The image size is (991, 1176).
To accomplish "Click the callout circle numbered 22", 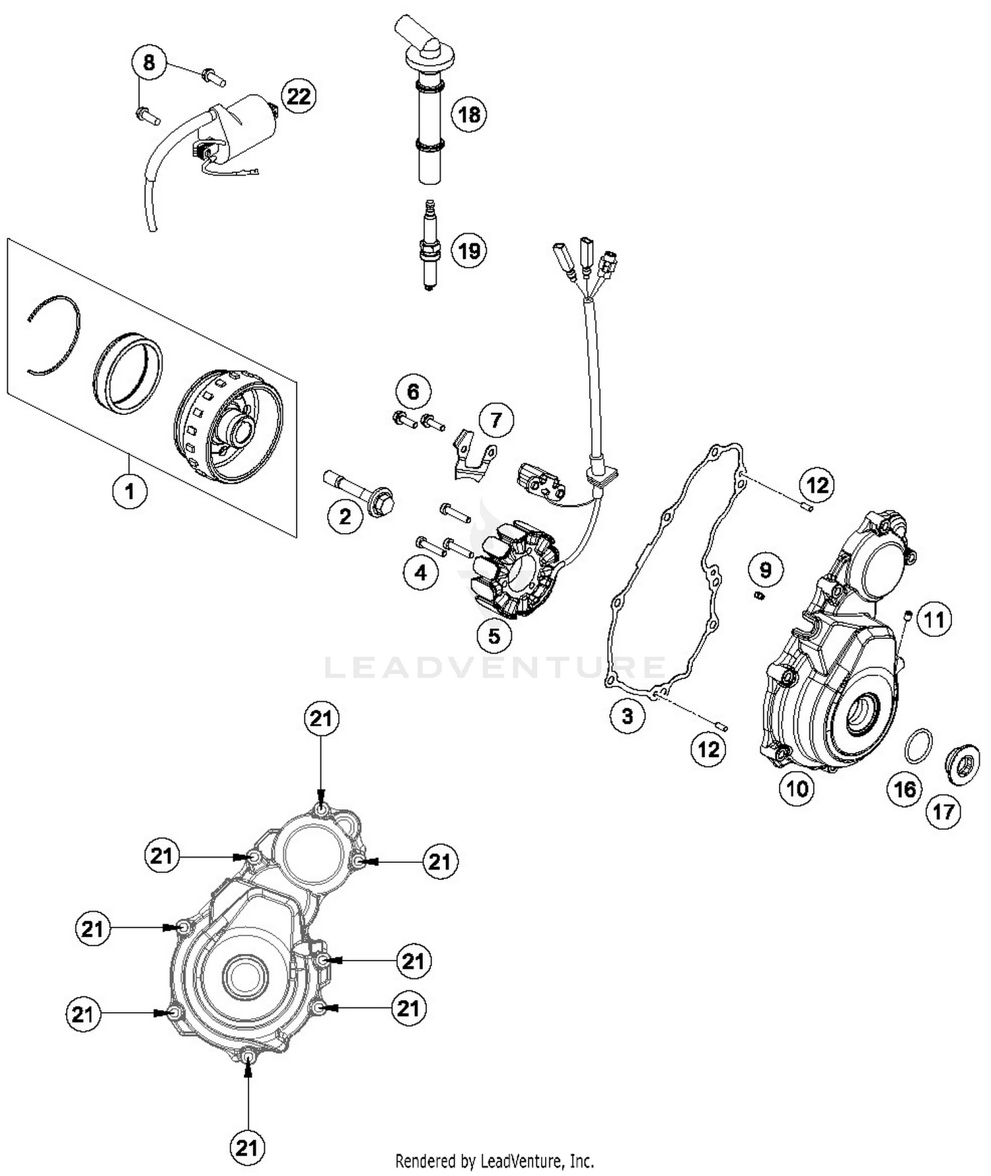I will click(x=298, y=96).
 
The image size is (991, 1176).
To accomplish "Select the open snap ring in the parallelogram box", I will click(x=56, y=334).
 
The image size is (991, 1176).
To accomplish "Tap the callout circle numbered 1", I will click(x=129, y=491).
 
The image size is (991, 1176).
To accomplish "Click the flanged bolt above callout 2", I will click(x=360, y=496).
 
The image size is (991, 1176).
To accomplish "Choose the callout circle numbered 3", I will click(x=627, y=716).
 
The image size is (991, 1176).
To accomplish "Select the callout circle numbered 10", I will click(x=797, y=788).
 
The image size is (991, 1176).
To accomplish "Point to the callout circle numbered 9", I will click(x=765, y=570).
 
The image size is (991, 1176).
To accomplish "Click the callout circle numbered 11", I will click(x=934, y=620).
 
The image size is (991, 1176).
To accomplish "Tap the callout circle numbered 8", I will click(x=149, y=63).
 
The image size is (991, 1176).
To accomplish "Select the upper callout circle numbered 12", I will click(x=817, y=486).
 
